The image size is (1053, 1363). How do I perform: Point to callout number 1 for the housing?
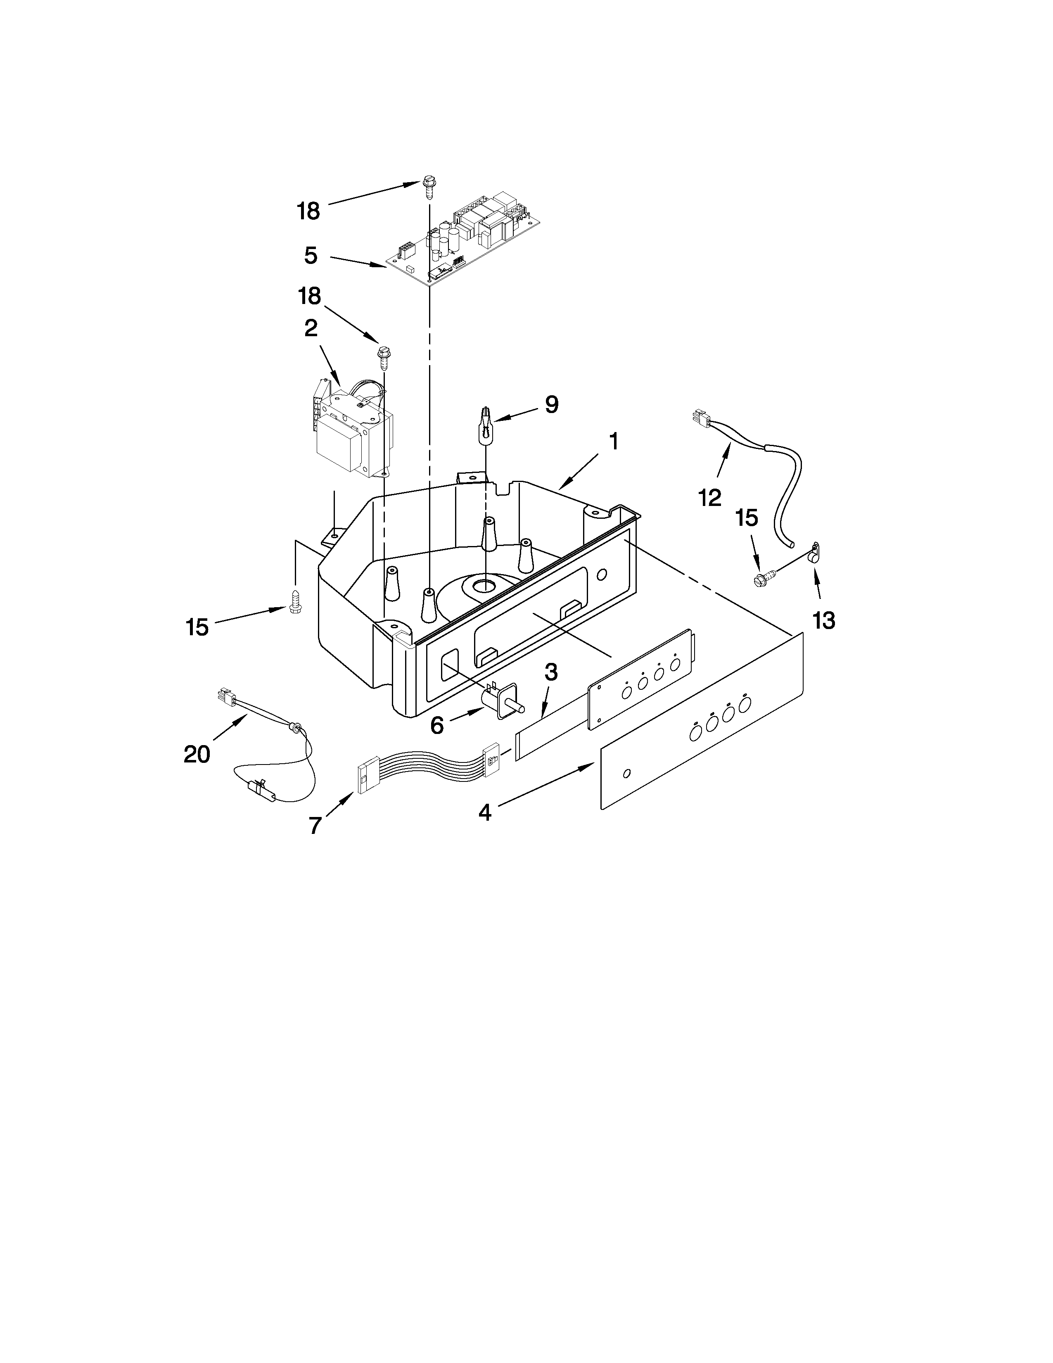click(614, 442)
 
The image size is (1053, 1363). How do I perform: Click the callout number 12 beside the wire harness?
click(710, 497)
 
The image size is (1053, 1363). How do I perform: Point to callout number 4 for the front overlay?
click(485, 812)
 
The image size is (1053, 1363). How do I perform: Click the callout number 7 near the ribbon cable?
click(315, 825)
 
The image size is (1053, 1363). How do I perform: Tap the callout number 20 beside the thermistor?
click(197, 755)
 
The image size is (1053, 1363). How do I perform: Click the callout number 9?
click(551, 404)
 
